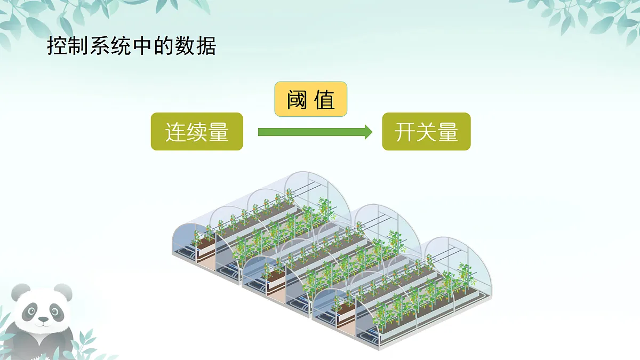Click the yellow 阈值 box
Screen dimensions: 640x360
pyautogui.click(x=310, y=99)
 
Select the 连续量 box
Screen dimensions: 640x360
pyautogui.click(x=197, y=131)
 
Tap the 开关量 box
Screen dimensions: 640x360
pyautogui.click(x=426, y=131)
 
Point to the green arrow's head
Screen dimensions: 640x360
pyautogui.click(x=369, y=132)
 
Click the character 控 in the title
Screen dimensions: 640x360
pyautogui.click(x=57, y=46)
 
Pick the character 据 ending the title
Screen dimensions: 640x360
pyautogui.click(x=206, y=46)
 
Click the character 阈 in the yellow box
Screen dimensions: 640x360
pyautogui.click(x=297, y=99)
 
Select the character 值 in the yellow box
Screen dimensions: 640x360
pyautogui.click(x=324, y=99)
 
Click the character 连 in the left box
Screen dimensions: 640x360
pyautogui.click(x=175, y=132)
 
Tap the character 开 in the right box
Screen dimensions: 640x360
pyautogui.click(x=405, y=132)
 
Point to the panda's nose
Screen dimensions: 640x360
pyautogui.click(x=43, y=318)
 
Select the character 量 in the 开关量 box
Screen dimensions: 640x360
pyautogui.click(x=447, y=132)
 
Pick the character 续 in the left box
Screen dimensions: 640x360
pyautogui.click(x=197, y=132)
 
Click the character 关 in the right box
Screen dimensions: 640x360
pyautogui.click(x=426, y=132)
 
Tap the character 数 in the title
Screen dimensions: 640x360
pyautogui.click(x=185, y=46)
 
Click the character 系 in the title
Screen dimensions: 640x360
pyautogui.click(x=99, y=46)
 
